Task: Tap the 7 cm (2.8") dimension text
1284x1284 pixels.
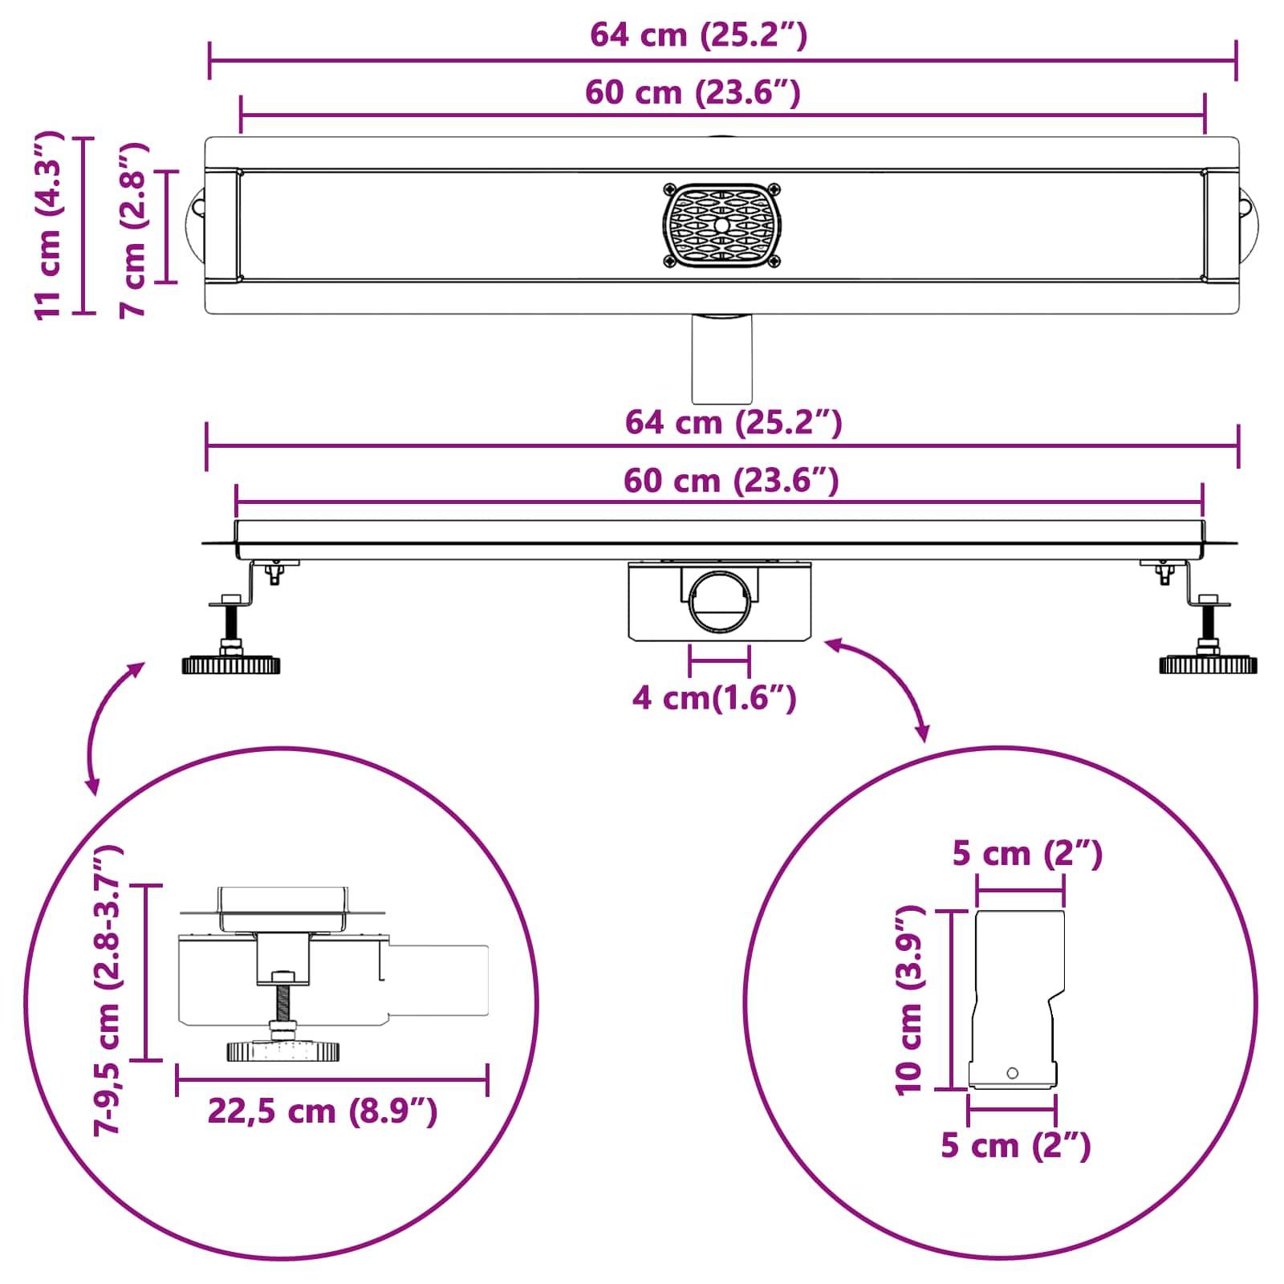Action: [133, 230]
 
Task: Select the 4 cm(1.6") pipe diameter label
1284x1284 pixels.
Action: [713, 698]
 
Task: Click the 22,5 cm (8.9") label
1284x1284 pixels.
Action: [323, 1111]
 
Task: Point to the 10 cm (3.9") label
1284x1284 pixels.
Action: [910, 1000]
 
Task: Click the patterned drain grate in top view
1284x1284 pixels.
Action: [721, 226]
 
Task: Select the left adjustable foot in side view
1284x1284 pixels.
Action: [231, 664]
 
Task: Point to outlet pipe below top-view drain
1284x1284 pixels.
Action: [721, 359]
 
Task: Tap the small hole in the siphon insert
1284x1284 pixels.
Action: [1012, 1073]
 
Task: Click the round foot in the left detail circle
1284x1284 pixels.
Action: [282, 1050]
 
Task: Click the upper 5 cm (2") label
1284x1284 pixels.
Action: [1026, 854]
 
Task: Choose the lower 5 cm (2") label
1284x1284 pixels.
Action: [1015, 1145]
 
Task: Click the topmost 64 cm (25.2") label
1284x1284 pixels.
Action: [698, 35]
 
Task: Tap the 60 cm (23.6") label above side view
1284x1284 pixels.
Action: [730, 481]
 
